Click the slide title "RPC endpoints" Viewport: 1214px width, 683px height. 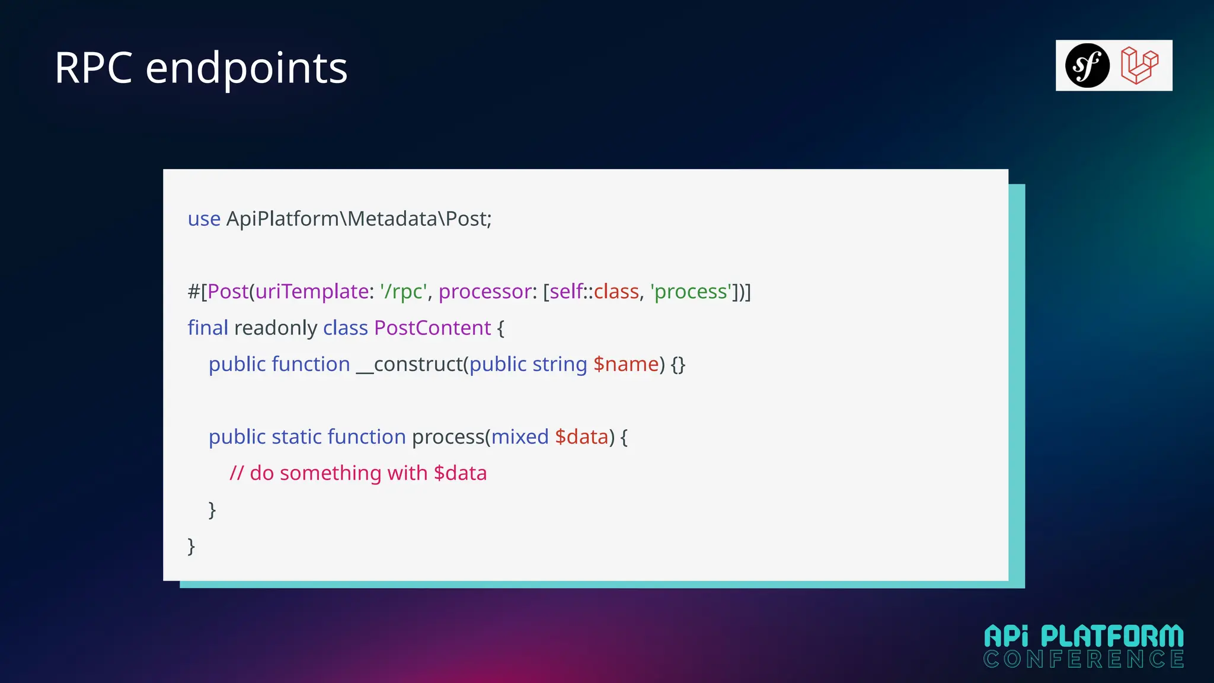tap(201, 68)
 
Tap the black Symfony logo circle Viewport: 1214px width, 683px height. tap(1087, 66)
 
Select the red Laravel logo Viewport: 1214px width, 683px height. tap(1139, 66)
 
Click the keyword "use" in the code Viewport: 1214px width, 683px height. tap(204, 219)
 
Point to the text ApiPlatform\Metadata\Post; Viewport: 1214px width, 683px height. tap(359, 219)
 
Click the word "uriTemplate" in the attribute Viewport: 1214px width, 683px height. tap(312, 292)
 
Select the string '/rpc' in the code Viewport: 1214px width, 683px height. tap(404, 292)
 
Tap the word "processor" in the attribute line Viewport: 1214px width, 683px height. tap(485, 292)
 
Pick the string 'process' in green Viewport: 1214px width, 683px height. tap(691, 292)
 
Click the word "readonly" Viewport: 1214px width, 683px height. tap(276, 328)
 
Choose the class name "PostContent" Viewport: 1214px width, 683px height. tap(432, 328)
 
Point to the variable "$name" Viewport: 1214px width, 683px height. tap(626, 364)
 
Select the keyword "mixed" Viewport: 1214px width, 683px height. tap(520, 437)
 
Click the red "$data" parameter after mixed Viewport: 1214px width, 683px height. tap(582, 437)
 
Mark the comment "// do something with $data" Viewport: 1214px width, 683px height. tap(358, 473)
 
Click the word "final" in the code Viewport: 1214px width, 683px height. tap(207, 328)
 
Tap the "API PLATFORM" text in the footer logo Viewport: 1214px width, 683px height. tap(1084, 637)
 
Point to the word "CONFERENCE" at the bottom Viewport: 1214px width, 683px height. tap(1084, 659)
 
